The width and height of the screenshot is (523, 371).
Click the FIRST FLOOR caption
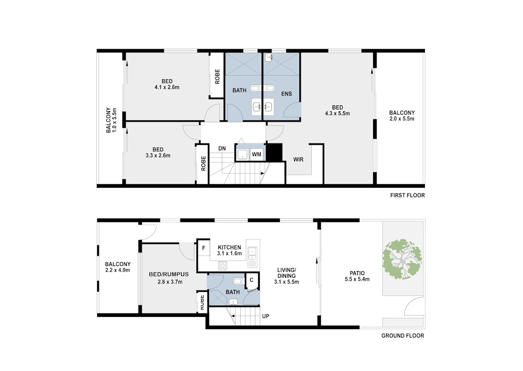pos(408,195)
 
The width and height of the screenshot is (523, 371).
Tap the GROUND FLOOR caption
pos(403,336)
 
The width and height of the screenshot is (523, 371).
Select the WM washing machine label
pos(256,155)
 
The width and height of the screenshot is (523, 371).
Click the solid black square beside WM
pos(274,152)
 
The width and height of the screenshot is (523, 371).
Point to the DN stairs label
pos(222,149)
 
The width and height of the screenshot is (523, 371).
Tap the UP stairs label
pos(266,316)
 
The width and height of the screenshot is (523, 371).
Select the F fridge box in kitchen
pos(204,248)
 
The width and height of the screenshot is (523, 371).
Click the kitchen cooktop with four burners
pos(223,265)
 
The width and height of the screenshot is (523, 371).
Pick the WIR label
pos(299,160)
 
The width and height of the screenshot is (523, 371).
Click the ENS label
pos(286,94)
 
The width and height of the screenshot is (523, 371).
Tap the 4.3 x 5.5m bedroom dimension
pos(337,114)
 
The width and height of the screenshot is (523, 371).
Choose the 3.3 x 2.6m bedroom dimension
pos(158,156)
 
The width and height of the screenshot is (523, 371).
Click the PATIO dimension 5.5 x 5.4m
pos(357,279)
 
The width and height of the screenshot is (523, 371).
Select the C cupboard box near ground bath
pos(251,280)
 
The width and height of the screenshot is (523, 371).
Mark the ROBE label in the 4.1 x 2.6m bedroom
pos(217,77)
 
